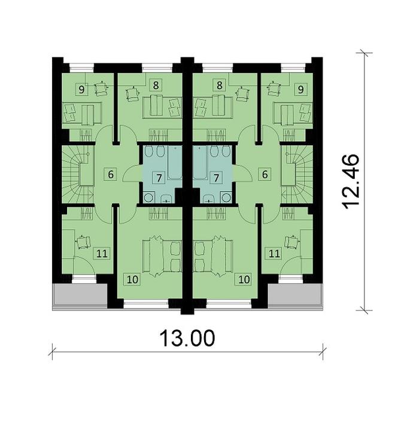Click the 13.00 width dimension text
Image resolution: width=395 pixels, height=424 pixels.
pyautogui.click(x=187, y=338)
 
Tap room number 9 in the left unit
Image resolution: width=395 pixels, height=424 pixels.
pyautogui.click(x=80, y=89)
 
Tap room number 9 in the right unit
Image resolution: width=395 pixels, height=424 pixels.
pyautogui.click(x=300, y=89)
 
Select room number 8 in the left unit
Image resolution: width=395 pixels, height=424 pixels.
pyautogui.click(x=156, y=85)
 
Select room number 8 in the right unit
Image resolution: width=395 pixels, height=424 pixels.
pyautogui.click(x=220, y=85)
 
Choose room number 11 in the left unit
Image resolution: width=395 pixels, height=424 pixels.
pyautogui.click(x=102, y=254)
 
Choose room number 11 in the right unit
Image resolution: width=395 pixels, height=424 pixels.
pyautogui.click(x=275, y=254)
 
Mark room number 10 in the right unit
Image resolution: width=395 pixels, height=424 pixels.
pyautogui.click(x=245, y=278)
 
